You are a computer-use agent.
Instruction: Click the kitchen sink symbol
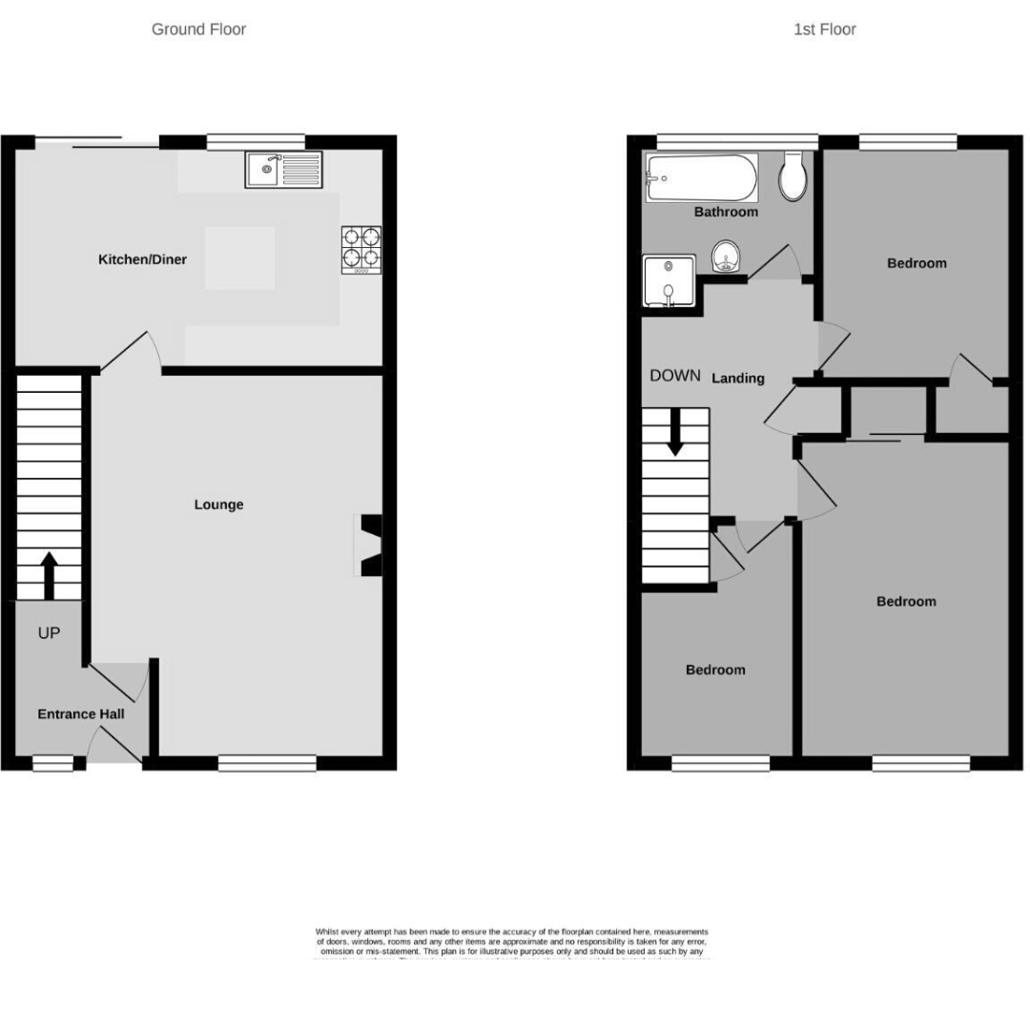(283, 170)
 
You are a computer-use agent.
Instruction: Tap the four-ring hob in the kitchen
(361, 250)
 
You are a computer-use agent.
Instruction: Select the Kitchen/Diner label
(142, 259)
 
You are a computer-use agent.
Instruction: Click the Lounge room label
(218, 505)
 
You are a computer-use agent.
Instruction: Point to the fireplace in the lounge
(369, 546)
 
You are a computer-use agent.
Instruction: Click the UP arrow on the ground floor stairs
(49, 572)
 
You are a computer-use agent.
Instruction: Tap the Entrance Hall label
(81, 713)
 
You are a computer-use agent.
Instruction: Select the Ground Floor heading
(198, 30)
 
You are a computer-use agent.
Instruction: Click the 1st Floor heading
(824, 30)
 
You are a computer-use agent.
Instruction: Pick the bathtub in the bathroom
(701, 177)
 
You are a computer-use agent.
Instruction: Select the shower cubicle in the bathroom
(669, 281)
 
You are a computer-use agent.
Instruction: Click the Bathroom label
(726, 212)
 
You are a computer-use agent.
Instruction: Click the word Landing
(738, 378)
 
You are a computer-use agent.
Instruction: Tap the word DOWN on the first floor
(675, 376)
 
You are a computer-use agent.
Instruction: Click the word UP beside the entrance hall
(49, 632)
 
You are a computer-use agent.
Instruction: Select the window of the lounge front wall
(267, 762)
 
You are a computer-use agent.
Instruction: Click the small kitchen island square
(240, 257)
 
